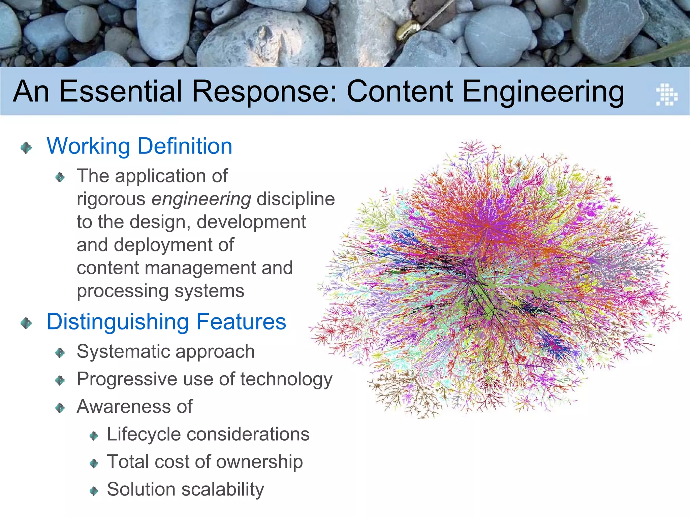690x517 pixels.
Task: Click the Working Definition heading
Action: [139, 146]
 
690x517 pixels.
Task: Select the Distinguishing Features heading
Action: [166, 322]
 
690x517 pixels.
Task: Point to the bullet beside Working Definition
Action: [26, 147]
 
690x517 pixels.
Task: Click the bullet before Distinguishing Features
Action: [26, 323]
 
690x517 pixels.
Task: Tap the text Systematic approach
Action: [165, 352]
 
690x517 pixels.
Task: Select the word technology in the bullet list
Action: [286, 380]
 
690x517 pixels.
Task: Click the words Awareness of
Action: [134, 407]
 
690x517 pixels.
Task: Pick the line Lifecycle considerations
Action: [208, 434]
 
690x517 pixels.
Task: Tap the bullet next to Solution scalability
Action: [94, 491]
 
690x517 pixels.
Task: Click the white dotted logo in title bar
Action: [666, 95]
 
